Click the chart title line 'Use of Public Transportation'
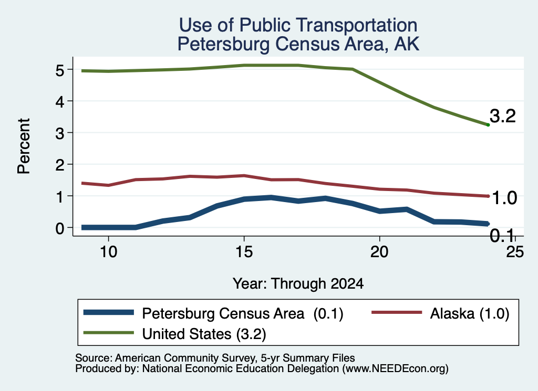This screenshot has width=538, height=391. pyautogui.click(x=298, y=25)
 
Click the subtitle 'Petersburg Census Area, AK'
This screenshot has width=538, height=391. pyautogui.click(x=298, y=44)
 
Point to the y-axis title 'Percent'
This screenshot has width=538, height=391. pyautogui.click(x=24, y=146)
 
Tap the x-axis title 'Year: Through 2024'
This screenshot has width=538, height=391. pyautogui.click(x=298, y=284)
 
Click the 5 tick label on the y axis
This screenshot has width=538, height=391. pyautogui.click(x=60, y=71)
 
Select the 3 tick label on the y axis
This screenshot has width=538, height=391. pyautogui.click(x=60, y=133)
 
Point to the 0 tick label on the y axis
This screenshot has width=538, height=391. pyautogui.click(x=60, y=228)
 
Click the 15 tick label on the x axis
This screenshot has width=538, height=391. pyautogui.click(x=244, y=252)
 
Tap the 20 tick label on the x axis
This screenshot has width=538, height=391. pyautogui.click(x=379, y=252)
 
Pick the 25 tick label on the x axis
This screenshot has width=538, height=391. pyautogui.click(x=515, y=252)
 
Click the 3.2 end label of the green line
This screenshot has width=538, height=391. pyautogui.click(x=503, y=116)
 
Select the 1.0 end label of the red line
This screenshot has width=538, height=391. pyautogui.click(x=504, y=198)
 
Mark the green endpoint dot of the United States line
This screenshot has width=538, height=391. pyautogui.click(x=488, y=125)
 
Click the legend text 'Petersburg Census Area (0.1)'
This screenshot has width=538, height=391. pyautogui.click(x=243, y=313)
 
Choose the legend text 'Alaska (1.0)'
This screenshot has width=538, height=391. pyautogui.click(x=470, y=313)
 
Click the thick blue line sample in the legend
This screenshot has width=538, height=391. pyautogui.click(x=108, y=312)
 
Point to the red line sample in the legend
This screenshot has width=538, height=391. pyautogui.click(x=397, y=312)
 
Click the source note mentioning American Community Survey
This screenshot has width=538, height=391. pyautogui.click(x=215, y=358)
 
